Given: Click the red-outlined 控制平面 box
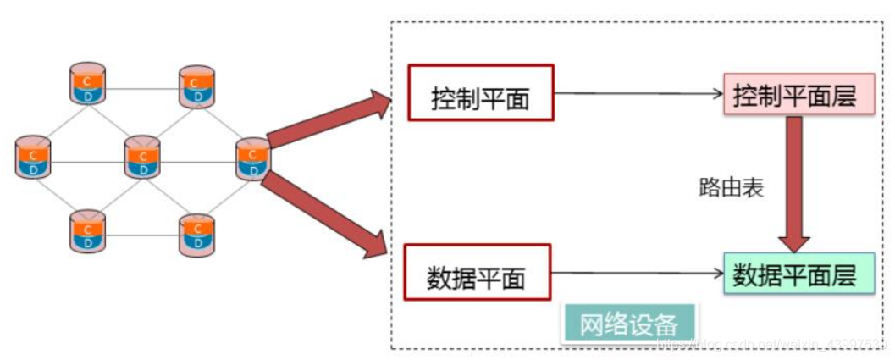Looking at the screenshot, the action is tap(480, 92).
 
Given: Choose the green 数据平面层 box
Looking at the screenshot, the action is tap(798, 273).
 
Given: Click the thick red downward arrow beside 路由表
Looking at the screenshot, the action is tap(795, 182).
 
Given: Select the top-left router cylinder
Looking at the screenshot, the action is tap(88, 84).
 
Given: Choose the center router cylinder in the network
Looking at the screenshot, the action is tap(142, 158).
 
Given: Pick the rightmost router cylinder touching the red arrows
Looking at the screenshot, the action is tap(251, 158).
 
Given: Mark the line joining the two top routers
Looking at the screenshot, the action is tap(142, 88).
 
